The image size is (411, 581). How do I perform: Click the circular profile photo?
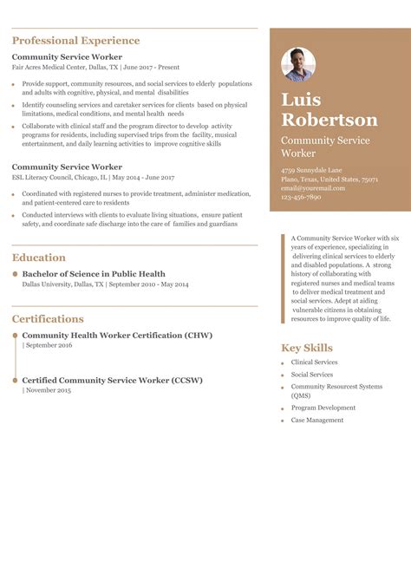(x=298, y=65)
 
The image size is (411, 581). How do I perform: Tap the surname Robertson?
(x=329, y=120)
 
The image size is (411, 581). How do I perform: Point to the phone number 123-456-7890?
(x=301, y=197)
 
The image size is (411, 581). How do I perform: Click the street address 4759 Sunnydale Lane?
(x=311, y=170)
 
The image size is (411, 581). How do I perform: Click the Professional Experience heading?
(x=75, y=41)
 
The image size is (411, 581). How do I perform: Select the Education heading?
(x=39, y=258)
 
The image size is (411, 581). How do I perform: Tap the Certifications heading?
(x=48, y=319)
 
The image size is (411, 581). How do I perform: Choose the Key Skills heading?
(x=307, y=348)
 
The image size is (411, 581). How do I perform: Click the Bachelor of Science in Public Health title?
(x=93, y=274)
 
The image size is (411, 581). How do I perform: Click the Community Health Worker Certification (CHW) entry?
(x=117, y=335)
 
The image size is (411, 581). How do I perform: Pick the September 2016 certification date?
(x=49, y=345)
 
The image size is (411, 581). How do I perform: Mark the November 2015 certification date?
(x=49, y=390)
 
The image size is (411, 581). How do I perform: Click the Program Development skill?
(x=323, y=408)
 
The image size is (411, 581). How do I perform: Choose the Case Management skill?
(x=317, y=421)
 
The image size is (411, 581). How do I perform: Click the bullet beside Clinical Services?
(x=282, y=363)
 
